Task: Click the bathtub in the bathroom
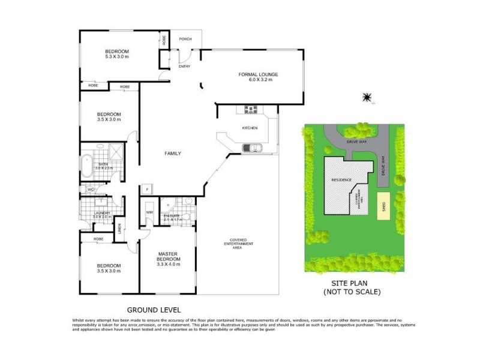(88, 163)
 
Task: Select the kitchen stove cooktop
(250, 109)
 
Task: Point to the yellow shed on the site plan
(382, 206)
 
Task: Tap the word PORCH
(185, 40)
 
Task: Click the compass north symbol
(367, 97)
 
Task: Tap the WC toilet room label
(91, 190)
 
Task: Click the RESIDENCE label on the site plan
(341, 180)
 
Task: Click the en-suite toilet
(187, 202)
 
